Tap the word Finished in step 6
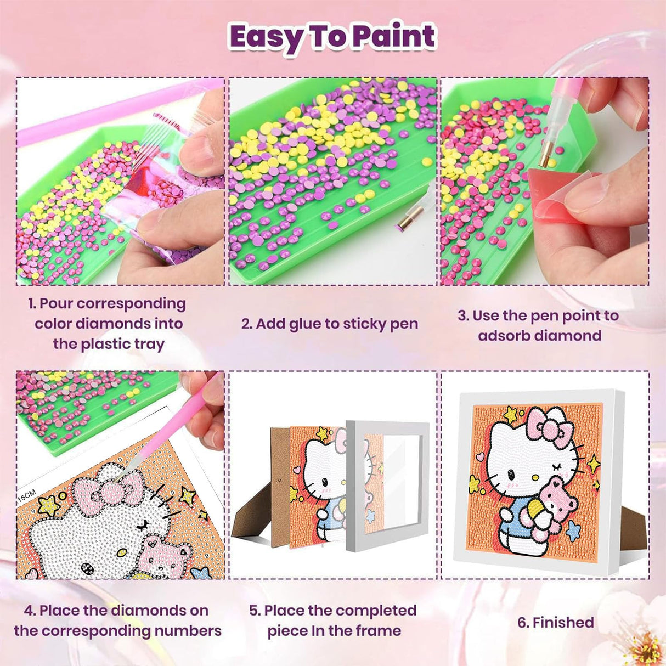pyautogui.click(x=563, y=623)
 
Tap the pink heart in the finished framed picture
pyautogui.click(x=480, y=455)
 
